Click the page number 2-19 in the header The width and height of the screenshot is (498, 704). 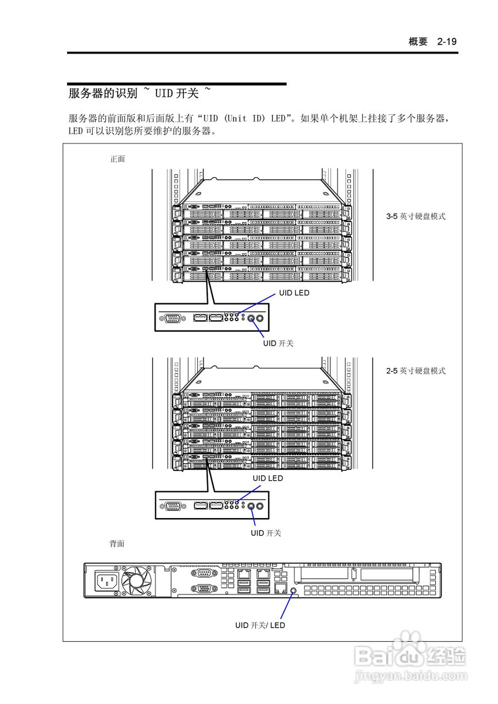coord(447,42)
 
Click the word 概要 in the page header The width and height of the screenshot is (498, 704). coord(418,42)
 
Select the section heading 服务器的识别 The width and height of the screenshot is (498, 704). coord(103,94)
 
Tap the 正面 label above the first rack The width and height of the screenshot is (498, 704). coord(118,159)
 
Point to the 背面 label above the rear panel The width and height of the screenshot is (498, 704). coord(117,543)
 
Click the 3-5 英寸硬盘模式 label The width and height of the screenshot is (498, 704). coord(416,217)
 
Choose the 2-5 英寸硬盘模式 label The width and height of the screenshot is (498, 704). coord(416,371)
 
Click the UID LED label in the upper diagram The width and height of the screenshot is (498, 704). coord(294,293)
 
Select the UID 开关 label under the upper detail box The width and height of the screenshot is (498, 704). coord(278,343)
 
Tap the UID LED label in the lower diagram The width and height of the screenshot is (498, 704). coord(268,479)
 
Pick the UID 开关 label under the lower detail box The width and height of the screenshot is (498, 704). coord(266,533)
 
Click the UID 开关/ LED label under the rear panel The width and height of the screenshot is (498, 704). coord(260,625)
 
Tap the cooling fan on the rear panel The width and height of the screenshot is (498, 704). coord(136,581)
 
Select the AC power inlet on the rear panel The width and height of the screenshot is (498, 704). coord(107,581)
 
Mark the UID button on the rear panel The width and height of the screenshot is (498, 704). coord(293,590)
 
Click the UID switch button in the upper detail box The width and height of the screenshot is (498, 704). coord(252,318)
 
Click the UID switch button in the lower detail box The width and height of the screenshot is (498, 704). coord(252,506)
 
